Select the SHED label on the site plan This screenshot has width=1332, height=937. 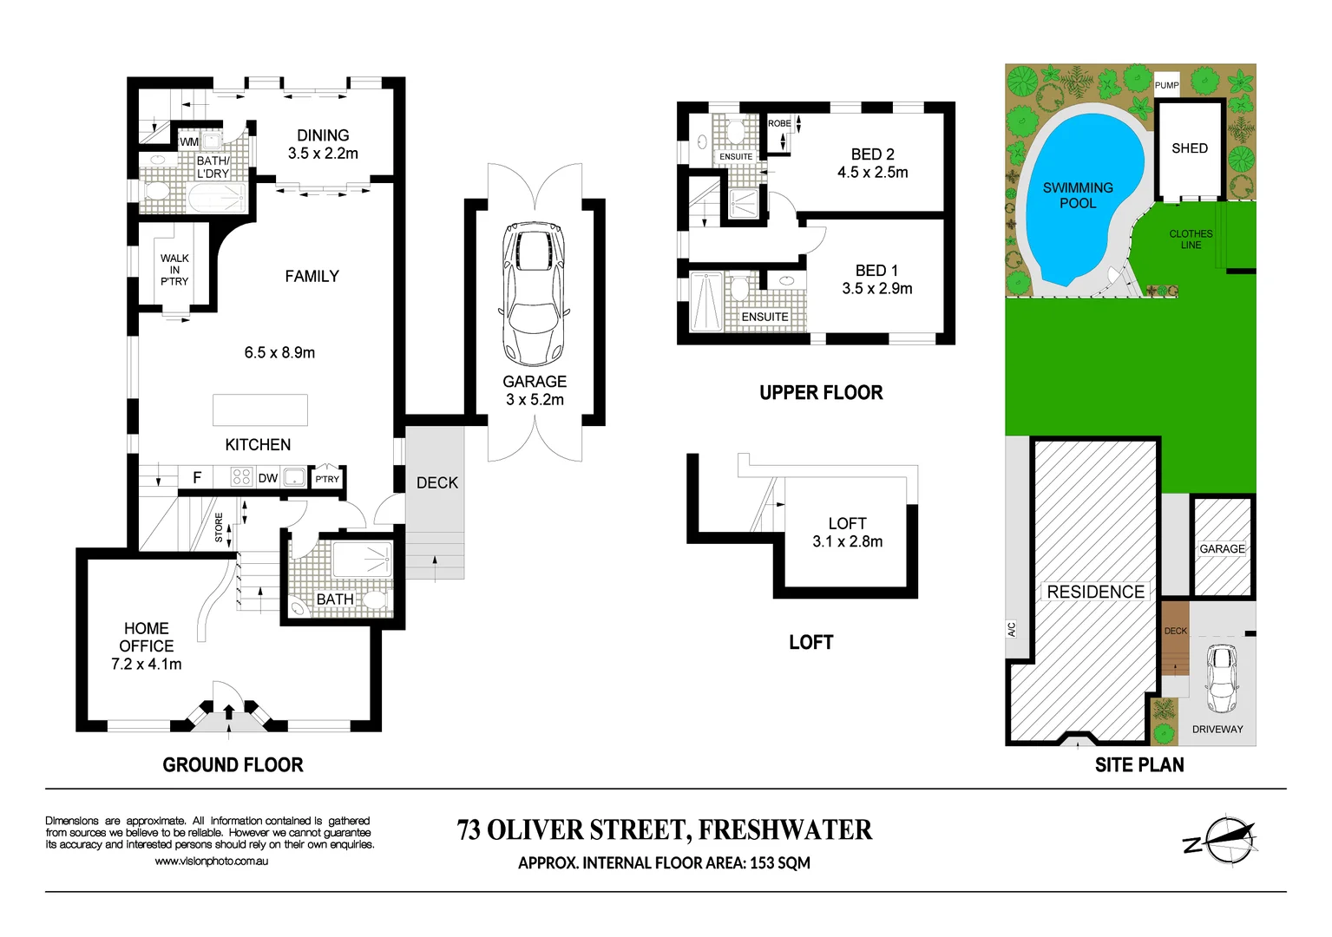(1189, 148)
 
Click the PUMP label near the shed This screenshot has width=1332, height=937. (1166, 85)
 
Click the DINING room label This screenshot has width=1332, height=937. (323, 135)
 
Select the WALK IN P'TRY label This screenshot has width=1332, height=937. (174, 270)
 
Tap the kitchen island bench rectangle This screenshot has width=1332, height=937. (260, 410)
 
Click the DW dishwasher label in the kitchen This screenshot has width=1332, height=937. (268, 478)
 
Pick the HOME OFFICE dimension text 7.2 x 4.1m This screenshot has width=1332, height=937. (147, 665)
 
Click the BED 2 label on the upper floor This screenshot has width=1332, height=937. (872, 154)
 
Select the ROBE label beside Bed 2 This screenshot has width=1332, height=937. (779, 123)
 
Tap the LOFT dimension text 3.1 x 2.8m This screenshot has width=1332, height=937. (847, 542)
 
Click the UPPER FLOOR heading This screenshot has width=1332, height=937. (821, 393)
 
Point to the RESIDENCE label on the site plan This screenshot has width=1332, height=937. (1095, 592)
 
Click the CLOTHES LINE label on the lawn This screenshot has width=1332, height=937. (1191, 239)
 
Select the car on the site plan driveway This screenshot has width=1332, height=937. (1222, 678)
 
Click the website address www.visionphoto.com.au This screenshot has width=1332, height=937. (211, 862)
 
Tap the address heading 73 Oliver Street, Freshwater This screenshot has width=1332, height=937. (664, 830)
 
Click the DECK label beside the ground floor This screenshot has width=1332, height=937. (436, 483)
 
